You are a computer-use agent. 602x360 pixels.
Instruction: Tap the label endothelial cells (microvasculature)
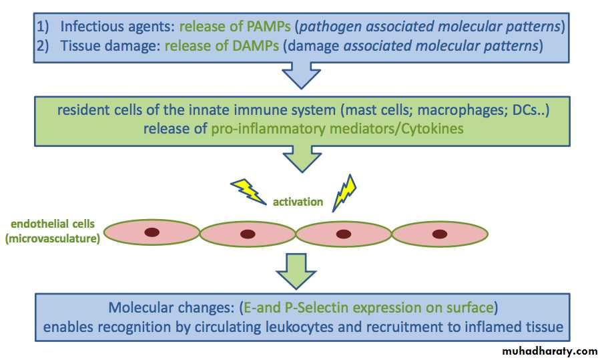tap(52, 231)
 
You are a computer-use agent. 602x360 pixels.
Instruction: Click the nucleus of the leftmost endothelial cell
tap(152, 232)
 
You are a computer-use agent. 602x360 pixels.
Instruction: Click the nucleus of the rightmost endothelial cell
tap(439, 233)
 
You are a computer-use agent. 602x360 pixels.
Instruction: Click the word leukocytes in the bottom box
tap(347, 327)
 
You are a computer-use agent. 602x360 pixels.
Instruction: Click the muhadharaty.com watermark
tap(551, 351)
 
